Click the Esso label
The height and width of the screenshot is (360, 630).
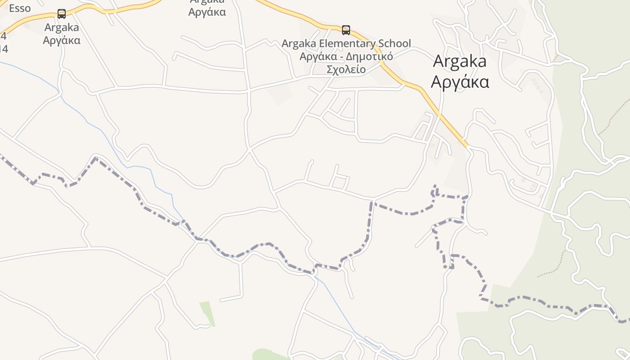point(20,8)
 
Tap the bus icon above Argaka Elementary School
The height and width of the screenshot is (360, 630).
point(346,30)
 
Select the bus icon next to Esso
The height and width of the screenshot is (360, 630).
point(62,14)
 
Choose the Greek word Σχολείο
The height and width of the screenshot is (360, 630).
point(346,69)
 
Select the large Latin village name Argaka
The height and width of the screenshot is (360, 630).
point(459,61)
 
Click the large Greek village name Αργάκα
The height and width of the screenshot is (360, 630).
point(460,82)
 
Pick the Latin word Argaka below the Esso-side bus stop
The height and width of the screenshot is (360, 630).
point(62,27)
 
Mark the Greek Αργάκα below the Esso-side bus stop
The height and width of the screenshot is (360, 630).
point(62,40)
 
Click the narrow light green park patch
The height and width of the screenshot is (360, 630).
point(207,313)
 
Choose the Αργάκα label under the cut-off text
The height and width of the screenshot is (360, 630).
point(207,12)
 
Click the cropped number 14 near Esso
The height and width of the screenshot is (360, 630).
point(4,49)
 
